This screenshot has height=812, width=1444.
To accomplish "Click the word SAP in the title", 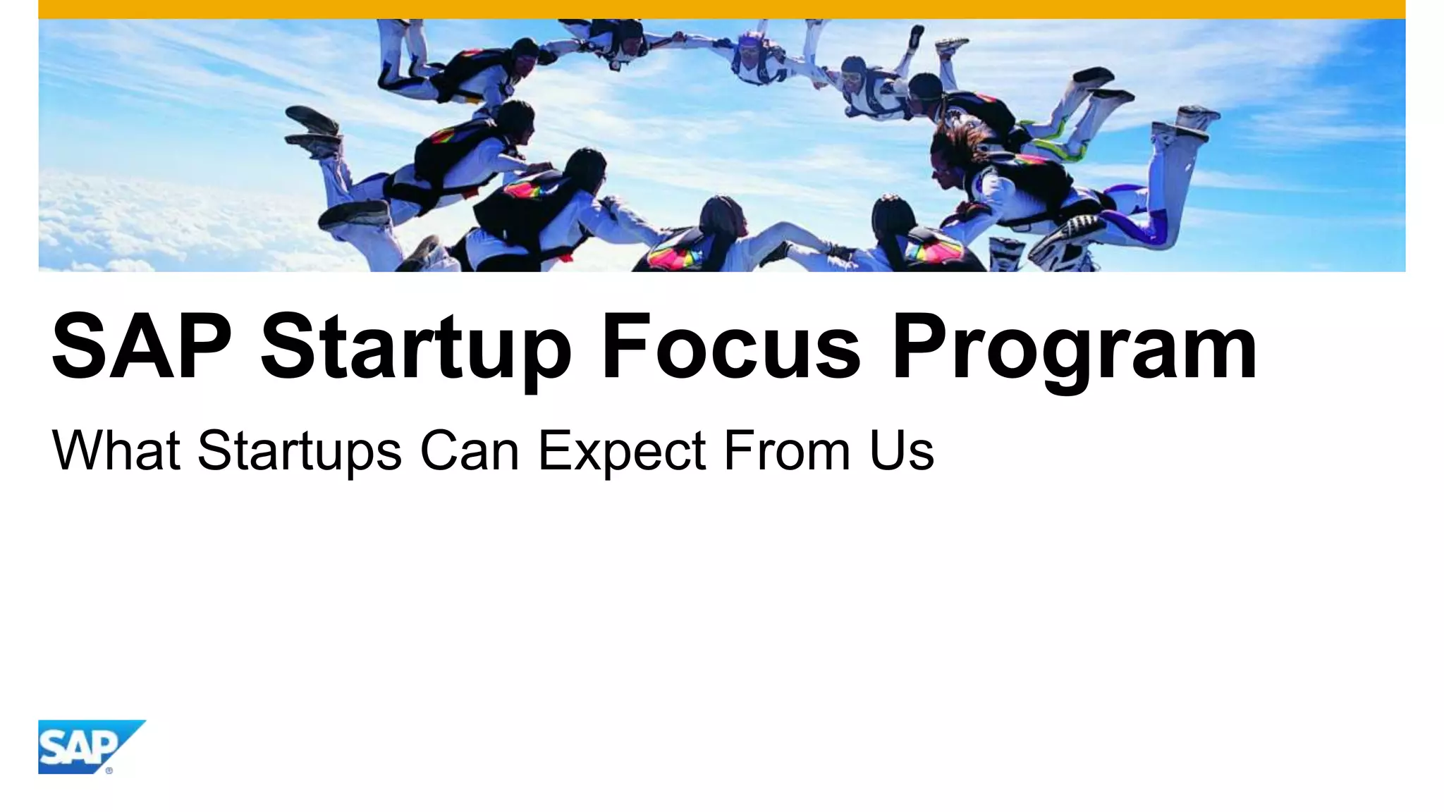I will tap(142, 347).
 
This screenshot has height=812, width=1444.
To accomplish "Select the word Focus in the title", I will tap(730, 347).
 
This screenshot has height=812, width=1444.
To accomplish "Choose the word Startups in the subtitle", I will tap(300, 451).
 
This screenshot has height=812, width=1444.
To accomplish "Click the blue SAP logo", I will tap(85, 746).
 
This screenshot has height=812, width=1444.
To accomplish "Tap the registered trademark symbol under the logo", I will tap(109, 770).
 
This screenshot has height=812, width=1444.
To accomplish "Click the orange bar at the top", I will tap(722, 9).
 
